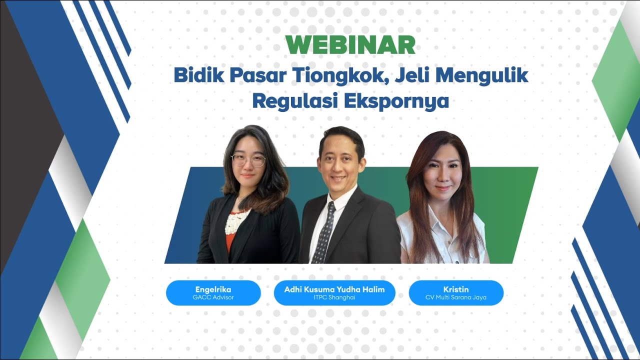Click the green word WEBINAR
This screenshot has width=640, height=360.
pos(351,45)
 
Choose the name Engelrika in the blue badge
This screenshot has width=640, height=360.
pos(213,289)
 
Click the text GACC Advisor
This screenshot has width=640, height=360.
pos(213,297)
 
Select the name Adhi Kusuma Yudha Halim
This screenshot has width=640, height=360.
pos(334,289)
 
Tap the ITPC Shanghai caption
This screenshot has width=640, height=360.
pos(334,297)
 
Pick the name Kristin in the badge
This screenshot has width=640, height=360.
pos(455,289)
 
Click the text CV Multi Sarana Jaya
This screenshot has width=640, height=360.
pos(455,297)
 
